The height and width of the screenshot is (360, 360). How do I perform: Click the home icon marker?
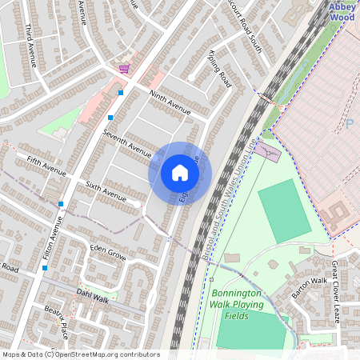179,173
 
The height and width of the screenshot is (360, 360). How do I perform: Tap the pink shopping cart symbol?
124,70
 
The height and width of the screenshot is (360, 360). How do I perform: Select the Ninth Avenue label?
170,103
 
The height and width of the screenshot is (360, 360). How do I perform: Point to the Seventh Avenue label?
127,142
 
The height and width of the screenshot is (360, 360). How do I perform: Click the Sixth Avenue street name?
106,190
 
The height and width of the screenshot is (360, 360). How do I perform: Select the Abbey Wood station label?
342,11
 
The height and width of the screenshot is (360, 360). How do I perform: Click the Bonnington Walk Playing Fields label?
242,305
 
